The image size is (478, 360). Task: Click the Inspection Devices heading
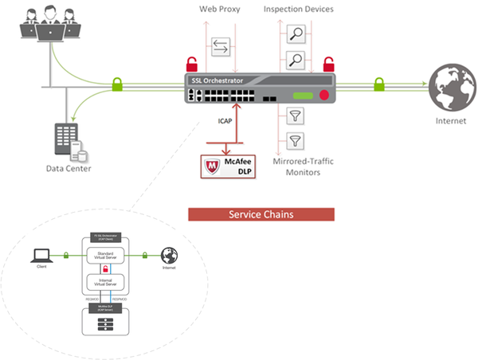pos(298,10)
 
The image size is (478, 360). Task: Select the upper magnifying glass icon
pos(295,35)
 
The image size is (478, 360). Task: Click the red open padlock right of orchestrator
pos(327,63)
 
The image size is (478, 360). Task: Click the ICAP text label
pos(226,123)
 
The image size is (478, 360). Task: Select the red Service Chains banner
pos(260,215)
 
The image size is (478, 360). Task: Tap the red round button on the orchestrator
pos(324,96)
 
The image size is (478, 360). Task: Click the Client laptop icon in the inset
pos(40,255)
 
